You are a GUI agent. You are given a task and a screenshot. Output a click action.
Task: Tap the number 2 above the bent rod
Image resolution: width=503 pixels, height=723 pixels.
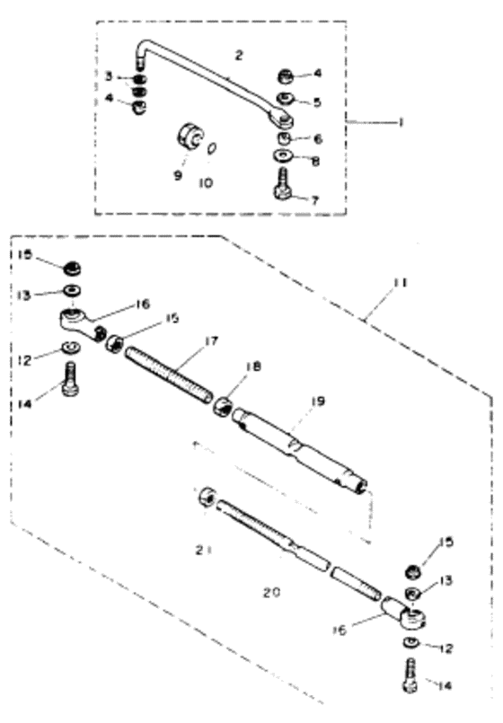pyautogui.click(x=238, y=56)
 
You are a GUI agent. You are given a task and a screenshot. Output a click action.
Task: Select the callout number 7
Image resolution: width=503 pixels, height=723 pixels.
pyautogui.click(x=315, y=200)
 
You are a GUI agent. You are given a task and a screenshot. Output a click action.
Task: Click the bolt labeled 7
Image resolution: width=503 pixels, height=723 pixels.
pyautogui.click(x=283, y=185)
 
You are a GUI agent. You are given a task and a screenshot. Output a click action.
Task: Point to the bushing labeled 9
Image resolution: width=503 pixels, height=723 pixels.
pyautogui.click(x=189, y=136)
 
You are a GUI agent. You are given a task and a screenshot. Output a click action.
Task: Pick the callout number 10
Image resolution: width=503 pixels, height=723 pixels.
pyautogui.click(x=206, y=183)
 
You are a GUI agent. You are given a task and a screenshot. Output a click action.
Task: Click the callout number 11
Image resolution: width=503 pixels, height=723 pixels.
pyautogui.click(x=402, y=282)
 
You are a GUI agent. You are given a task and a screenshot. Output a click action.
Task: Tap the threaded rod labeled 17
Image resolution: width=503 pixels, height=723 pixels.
pyautogui.click(x=169, y=375)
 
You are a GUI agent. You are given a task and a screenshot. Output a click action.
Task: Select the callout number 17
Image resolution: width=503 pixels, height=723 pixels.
pyautogui.click(x=212, y=341)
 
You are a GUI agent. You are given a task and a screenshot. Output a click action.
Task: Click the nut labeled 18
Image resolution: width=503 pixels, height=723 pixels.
pyautogui.click(x=223, y=407)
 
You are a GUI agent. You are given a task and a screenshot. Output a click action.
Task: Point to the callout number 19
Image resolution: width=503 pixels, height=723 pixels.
pyautogui.click(x=318, y=401)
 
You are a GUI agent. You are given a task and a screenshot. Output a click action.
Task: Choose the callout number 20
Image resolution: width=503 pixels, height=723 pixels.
pyautogui.click(x=272, y=592)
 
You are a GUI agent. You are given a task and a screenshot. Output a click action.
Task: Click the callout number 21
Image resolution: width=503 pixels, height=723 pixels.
pyautogui.click(x=203, y=550)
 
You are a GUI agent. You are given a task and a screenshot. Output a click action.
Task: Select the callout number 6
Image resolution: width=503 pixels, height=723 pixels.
pyautogui.click(x=317, y=139)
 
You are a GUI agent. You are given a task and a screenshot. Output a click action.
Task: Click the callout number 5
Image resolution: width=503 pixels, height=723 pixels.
pyautogui.click(x=317, y=101)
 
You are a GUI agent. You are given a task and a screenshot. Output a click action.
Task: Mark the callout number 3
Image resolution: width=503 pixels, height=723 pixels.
pyautogui.click(x=109, y=76)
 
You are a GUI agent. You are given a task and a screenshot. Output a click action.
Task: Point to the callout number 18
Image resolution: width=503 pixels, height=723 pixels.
pyautogui.click(x=253, y=366)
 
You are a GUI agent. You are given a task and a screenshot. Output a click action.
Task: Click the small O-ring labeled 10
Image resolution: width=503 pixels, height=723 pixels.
pyautogui.click(x=212, y=149)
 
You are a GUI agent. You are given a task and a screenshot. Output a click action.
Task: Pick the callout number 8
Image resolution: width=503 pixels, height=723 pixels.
pyautogui.click(x=316, y=161)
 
